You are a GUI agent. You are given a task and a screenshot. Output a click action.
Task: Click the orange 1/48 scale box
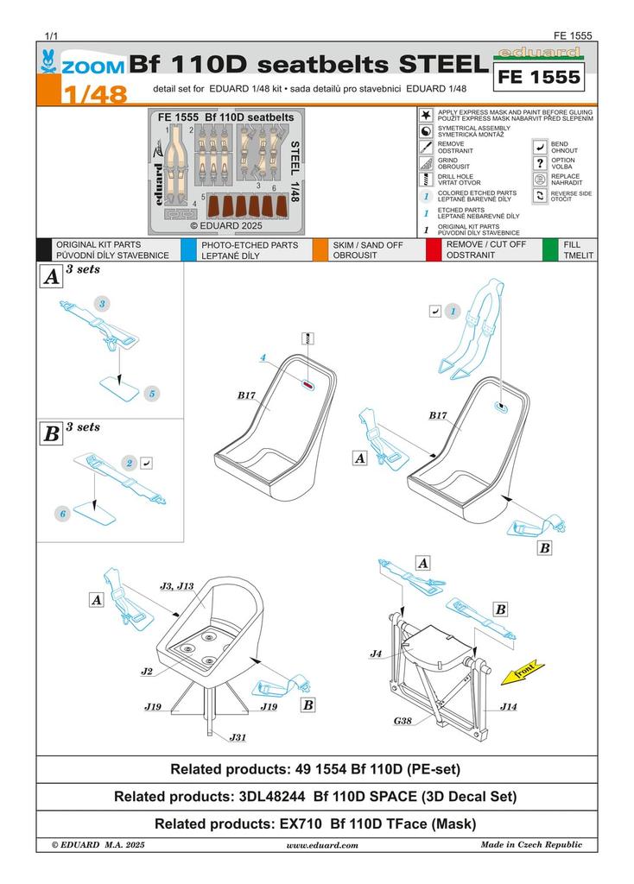pos(81,91)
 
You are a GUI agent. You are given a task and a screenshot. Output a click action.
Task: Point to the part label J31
pos(238,737)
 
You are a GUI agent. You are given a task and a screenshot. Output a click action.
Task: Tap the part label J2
pos(148,671)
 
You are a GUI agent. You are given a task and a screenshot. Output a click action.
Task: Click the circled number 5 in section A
pos(151,393)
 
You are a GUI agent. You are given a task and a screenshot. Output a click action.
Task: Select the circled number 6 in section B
pos(62,514)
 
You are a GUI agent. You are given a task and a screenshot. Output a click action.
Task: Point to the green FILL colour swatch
pos(549,250)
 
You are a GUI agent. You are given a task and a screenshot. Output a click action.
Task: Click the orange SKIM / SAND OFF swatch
pos(319,250)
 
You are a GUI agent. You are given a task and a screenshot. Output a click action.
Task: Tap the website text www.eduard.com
pos(321,845)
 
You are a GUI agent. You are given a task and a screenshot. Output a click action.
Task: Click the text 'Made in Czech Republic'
pos(531,844)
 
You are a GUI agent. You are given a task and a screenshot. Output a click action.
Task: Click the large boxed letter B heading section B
pos(52,433)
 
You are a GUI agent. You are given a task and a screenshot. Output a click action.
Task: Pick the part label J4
pos(376,654)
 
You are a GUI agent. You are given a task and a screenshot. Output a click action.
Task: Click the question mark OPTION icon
pos(540,162)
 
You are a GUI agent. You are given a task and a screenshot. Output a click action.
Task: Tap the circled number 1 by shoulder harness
pos(454,310)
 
